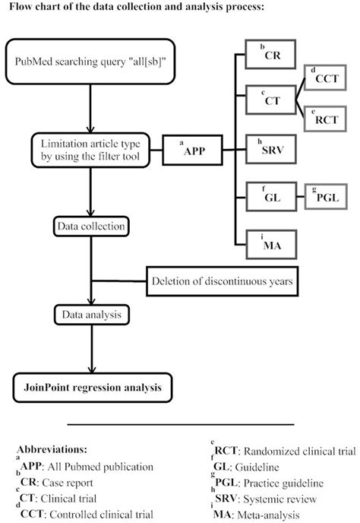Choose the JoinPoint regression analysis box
90,388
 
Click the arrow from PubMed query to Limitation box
90,106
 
